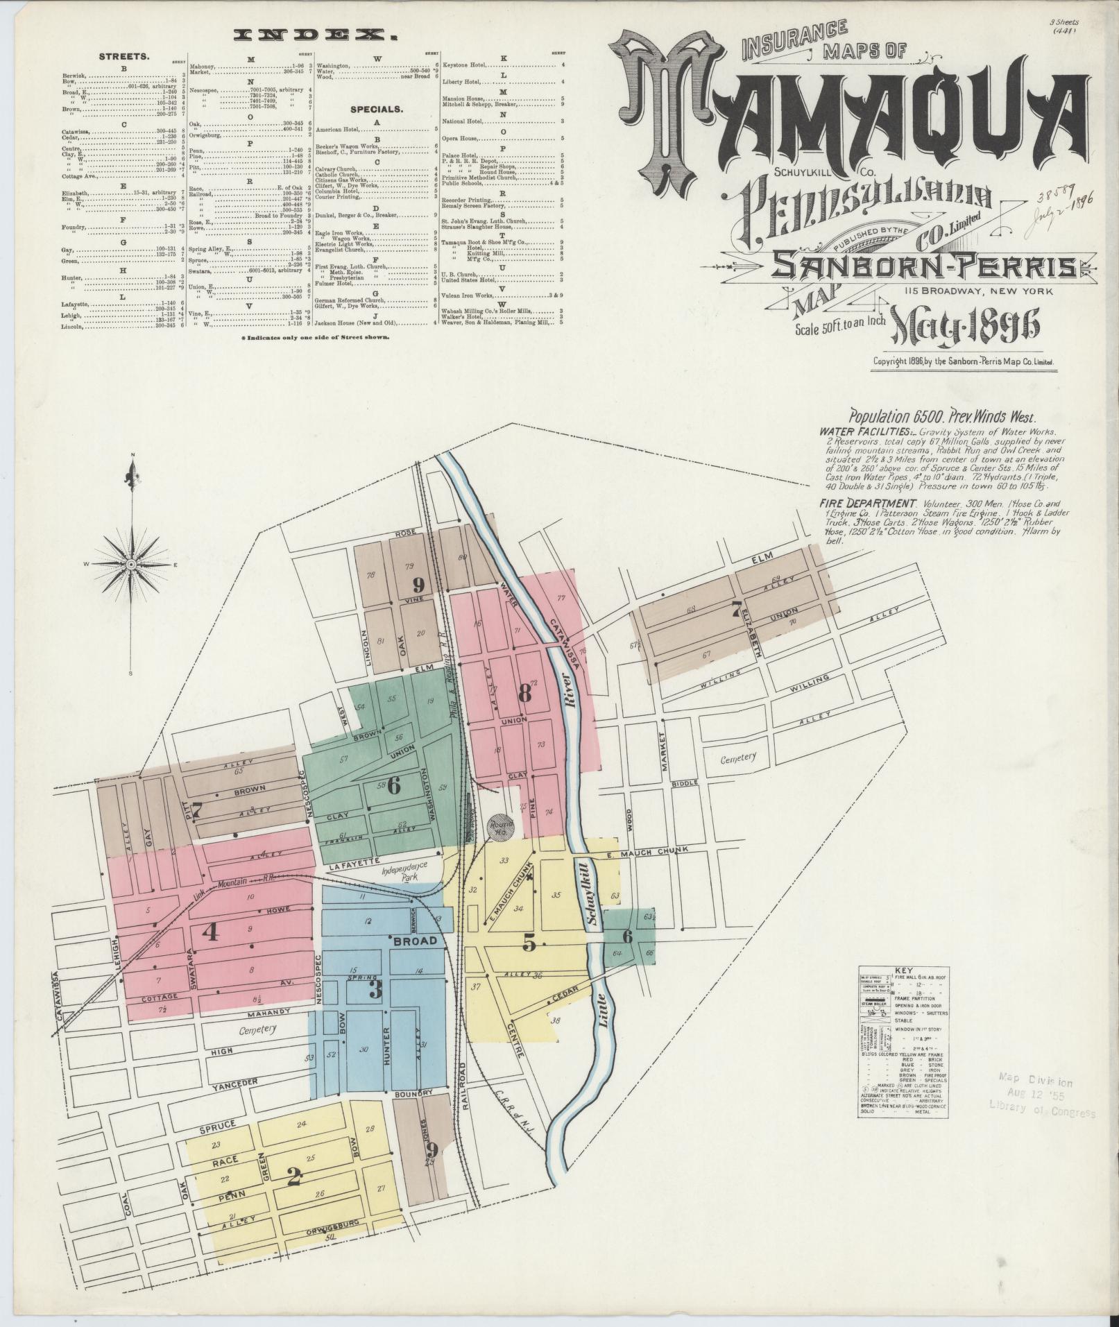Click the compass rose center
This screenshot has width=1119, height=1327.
point(130,565)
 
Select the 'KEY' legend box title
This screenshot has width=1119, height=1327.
point(904,970)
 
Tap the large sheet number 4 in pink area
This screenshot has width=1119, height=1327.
point(210,933)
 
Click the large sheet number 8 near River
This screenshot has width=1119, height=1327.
point(524,693)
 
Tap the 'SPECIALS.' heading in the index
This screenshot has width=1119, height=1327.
point(377,110)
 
